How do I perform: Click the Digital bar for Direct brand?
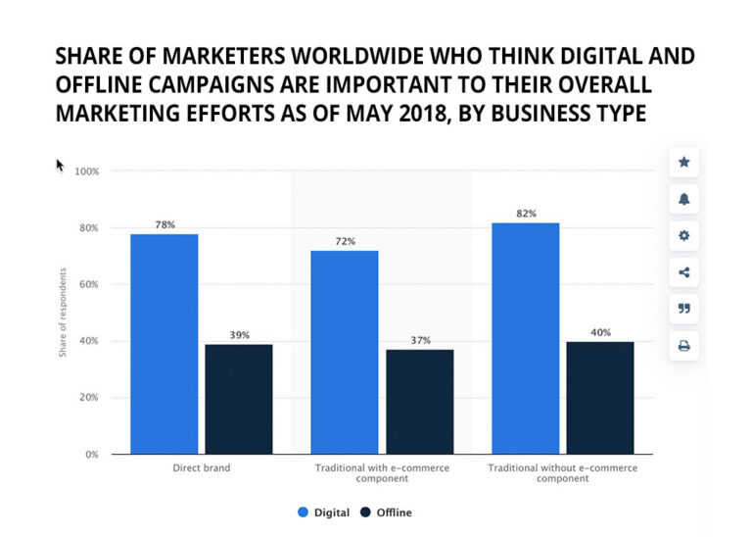click(x=164, y=344)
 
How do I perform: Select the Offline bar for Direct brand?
click(x=239, y=399)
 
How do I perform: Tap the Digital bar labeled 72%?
click(x=345, y=353)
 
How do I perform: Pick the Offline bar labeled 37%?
click(x=419, y=402)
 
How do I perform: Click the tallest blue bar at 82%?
click(x=525, y=338)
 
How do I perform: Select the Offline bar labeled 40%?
click(x=600, y=398)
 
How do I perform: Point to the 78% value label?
click(x=164, y=225)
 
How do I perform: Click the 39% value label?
click(x=239, y=335)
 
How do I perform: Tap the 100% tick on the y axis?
click(x=87, y=171)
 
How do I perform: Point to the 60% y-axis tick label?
click(x=89, y=285)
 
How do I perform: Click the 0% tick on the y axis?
click(x=91, y=455)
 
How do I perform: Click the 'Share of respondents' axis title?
click(x=63, y=313)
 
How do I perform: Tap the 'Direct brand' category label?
click(x=201, y=468)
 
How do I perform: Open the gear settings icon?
click(x=683, y=236)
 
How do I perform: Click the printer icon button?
click(x=683, y=346)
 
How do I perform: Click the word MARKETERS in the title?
click(x=189, y=56)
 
